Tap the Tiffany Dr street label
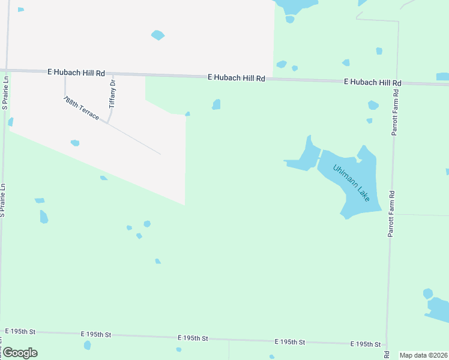112,94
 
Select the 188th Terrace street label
81,107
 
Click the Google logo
20,353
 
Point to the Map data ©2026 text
424,355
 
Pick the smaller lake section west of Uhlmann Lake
304,159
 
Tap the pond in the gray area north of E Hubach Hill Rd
158,35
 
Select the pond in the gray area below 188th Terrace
75,143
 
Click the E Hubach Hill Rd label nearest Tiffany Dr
76,73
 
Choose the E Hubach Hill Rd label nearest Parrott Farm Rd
372,82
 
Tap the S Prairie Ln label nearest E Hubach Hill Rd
5,93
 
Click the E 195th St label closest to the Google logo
21,331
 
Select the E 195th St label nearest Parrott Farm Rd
366,344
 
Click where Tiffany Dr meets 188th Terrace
107,122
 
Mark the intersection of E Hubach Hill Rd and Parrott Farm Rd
396,83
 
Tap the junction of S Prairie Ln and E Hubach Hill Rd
7,70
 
